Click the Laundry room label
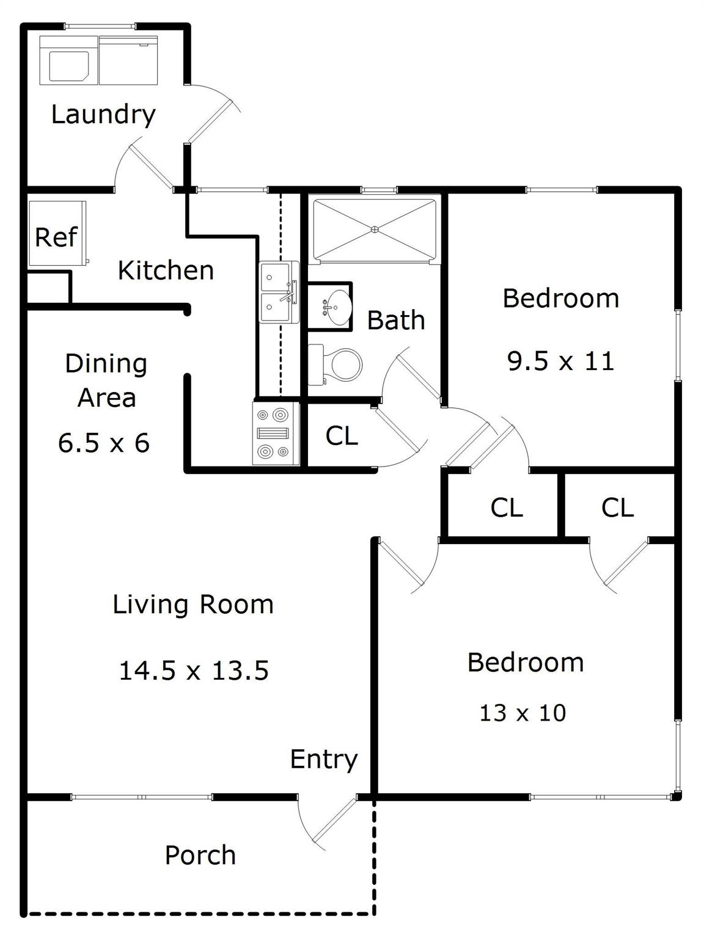(x=103, y=115)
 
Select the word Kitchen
(x=166, y=271)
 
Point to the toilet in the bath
(x=335, y=365)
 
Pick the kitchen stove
(x=276, y=434)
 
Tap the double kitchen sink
(x=279, y=293)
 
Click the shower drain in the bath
(x=375, y=230)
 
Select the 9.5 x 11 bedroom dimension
(x=561, y=361)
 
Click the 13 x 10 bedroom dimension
(x=522, y=713)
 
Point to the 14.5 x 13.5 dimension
(x=194, y=670)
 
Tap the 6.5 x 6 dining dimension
(x=104, y=443)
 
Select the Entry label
(x=324, y=760)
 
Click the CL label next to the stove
(x=342, y=436)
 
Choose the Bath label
(x=396, y=320)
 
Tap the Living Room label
(x=193, y=605)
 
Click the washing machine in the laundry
(x=69, y=60)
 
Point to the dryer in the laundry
(x=128, y=60)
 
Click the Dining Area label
(x=106, y=380)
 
